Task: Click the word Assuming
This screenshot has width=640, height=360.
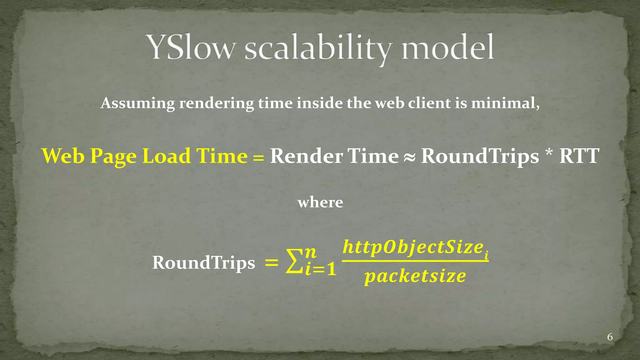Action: (x=138, y=103)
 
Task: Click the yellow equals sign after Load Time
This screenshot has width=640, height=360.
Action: (x=258, y=158)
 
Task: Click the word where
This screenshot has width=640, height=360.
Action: (x=320, y=202)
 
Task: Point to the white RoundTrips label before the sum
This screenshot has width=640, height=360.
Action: (x=203, y=262)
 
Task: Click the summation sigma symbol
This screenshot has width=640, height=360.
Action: (x=294, y=262)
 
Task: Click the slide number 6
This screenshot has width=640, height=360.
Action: (x=610, y=337)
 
